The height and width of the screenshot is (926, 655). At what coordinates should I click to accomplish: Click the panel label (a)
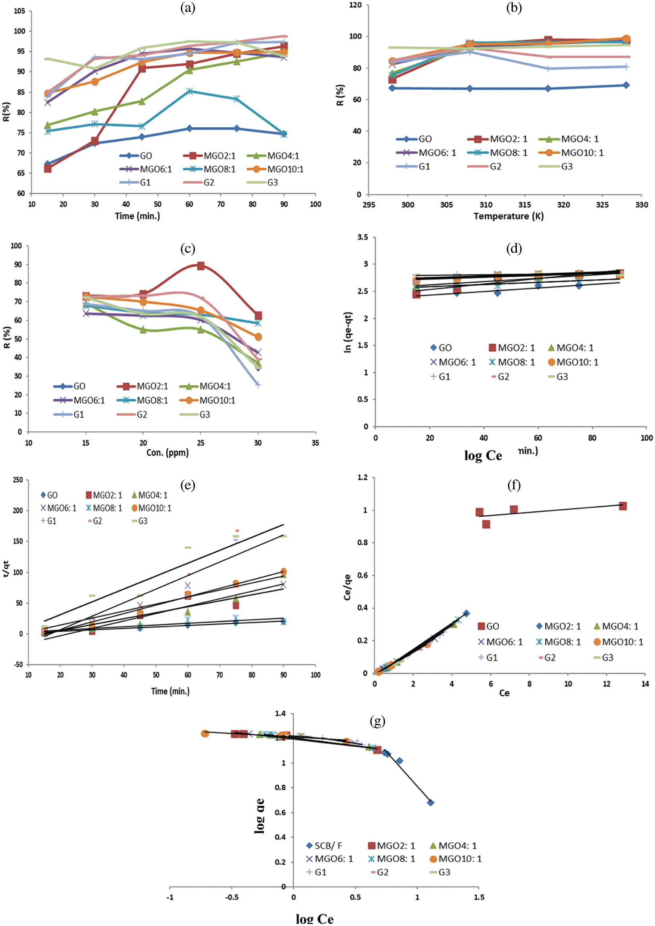[188, 8]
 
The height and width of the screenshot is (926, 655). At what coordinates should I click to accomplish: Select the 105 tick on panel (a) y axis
[19, 11]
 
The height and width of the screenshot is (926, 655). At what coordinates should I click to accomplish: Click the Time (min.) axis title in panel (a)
[137, 216]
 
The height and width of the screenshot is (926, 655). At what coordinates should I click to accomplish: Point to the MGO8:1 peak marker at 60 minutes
[190, 91]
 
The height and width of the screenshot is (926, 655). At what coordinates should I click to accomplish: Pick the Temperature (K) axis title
[509, 216]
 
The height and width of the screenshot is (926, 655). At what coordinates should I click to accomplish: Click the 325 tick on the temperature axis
[602, 205]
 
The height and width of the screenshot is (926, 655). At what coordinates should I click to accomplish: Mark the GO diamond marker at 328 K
[626, 85]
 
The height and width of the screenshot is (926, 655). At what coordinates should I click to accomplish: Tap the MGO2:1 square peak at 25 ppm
[200, 266]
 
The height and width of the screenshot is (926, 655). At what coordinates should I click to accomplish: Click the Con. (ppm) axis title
[168, 453]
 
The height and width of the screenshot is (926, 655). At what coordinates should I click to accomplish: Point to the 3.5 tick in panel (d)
[362, 237]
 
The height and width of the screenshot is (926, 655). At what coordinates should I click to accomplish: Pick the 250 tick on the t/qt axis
[18, 480]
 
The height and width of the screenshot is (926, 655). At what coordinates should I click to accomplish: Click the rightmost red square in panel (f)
[623, 506]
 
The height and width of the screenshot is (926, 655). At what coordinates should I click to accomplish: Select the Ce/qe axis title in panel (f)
[347, 587]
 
